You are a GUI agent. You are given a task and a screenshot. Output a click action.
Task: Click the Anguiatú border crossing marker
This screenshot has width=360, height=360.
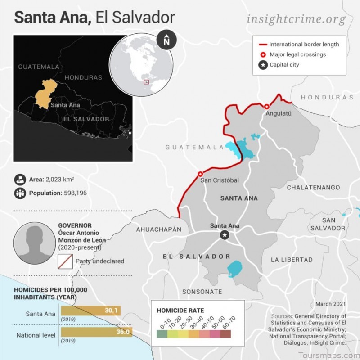tap(266, 107)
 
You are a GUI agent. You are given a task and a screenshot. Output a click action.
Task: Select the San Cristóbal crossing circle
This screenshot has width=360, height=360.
tap(200, 174)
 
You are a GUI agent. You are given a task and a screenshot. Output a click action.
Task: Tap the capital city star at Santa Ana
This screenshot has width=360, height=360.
tap(225, 235)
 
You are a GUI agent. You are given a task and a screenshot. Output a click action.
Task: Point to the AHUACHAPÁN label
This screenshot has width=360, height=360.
tap(159, 229)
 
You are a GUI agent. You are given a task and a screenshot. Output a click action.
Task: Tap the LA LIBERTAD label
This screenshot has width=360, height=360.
tap(292, 260)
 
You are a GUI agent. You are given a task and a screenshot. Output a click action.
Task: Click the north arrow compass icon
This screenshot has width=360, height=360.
tap(166, 40)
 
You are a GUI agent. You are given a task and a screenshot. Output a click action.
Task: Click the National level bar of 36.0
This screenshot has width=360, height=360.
tap(96, 332)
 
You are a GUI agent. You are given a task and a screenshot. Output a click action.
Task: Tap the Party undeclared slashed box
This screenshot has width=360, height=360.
tap(65, 261)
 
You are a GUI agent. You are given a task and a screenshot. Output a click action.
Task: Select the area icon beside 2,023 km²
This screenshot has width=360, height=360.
tap(20, 179)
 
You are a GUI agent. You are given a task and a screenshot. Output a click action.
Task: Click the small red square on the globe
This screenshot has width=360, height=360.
tap(146, 82)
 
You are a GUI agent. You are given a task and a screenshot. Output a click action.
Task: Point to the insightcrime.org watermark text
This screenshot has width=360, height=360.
tap(296, 19)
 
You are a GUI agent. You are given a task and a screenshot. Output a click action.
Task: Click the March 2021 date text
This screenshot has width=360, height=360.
tap(330, 304)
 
